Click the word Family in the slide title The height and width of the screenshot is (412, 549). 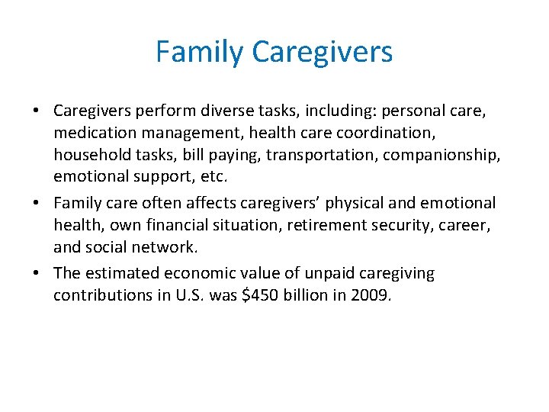click(x=200, y=52)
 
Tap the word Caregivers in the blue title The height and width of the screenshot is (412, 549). click(x=322, y=52)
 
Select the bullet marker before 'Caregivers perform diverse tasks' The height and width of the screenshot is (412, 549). click(x=37, y=111)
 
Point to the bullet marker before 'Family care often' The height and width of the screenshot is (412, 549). click(x=37, y=203)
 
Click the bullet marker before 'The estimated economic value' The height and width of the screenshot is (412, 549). click(x=37, y=273)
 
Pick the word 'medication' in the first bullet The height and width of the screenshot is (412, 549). click(x=89, y=133)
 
